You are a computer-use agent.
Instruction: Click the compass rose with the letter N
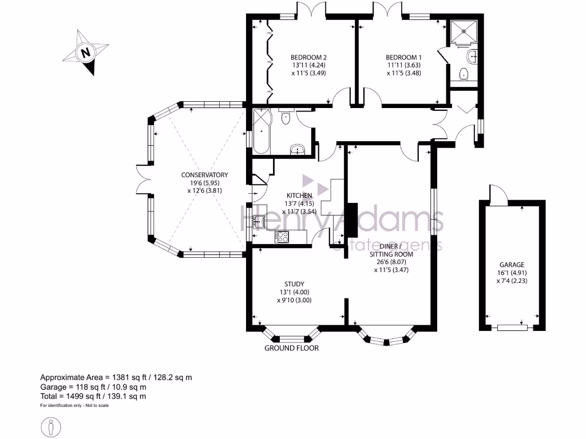point(86,54)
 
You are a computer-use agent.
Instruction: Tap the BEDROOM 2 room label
point(308,57)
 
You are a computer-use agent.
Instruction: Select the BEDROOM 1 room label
point(403,57)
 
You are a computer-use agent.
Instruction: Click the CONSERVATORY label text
point(204,175)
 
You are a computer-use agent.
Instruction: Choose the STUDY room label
point(294,284)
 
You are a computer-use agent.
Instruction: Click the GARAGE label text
point(512,265)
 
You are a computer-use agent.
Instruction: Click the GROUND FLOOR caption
point(291,348)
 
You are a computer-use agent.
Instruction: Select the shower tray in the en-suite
point(464,33)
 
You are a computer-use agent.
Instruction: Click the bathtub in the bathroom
point(260,131)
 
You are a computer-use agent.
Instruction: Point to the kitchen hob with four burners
point(282,237)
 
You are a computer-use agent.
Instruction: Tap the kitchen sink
point(258,222)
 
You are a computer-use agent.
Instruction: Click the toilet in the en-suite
point(464,74)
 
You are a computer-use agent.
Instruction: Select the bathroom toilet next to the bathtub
point(286,117)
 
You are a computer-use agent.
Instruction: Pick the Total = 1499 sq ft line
point(93,396)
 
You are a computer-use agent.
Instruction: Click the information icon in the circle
point(52,426)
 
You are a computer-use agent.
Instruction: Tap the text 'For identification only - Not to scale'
point(74,406)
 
